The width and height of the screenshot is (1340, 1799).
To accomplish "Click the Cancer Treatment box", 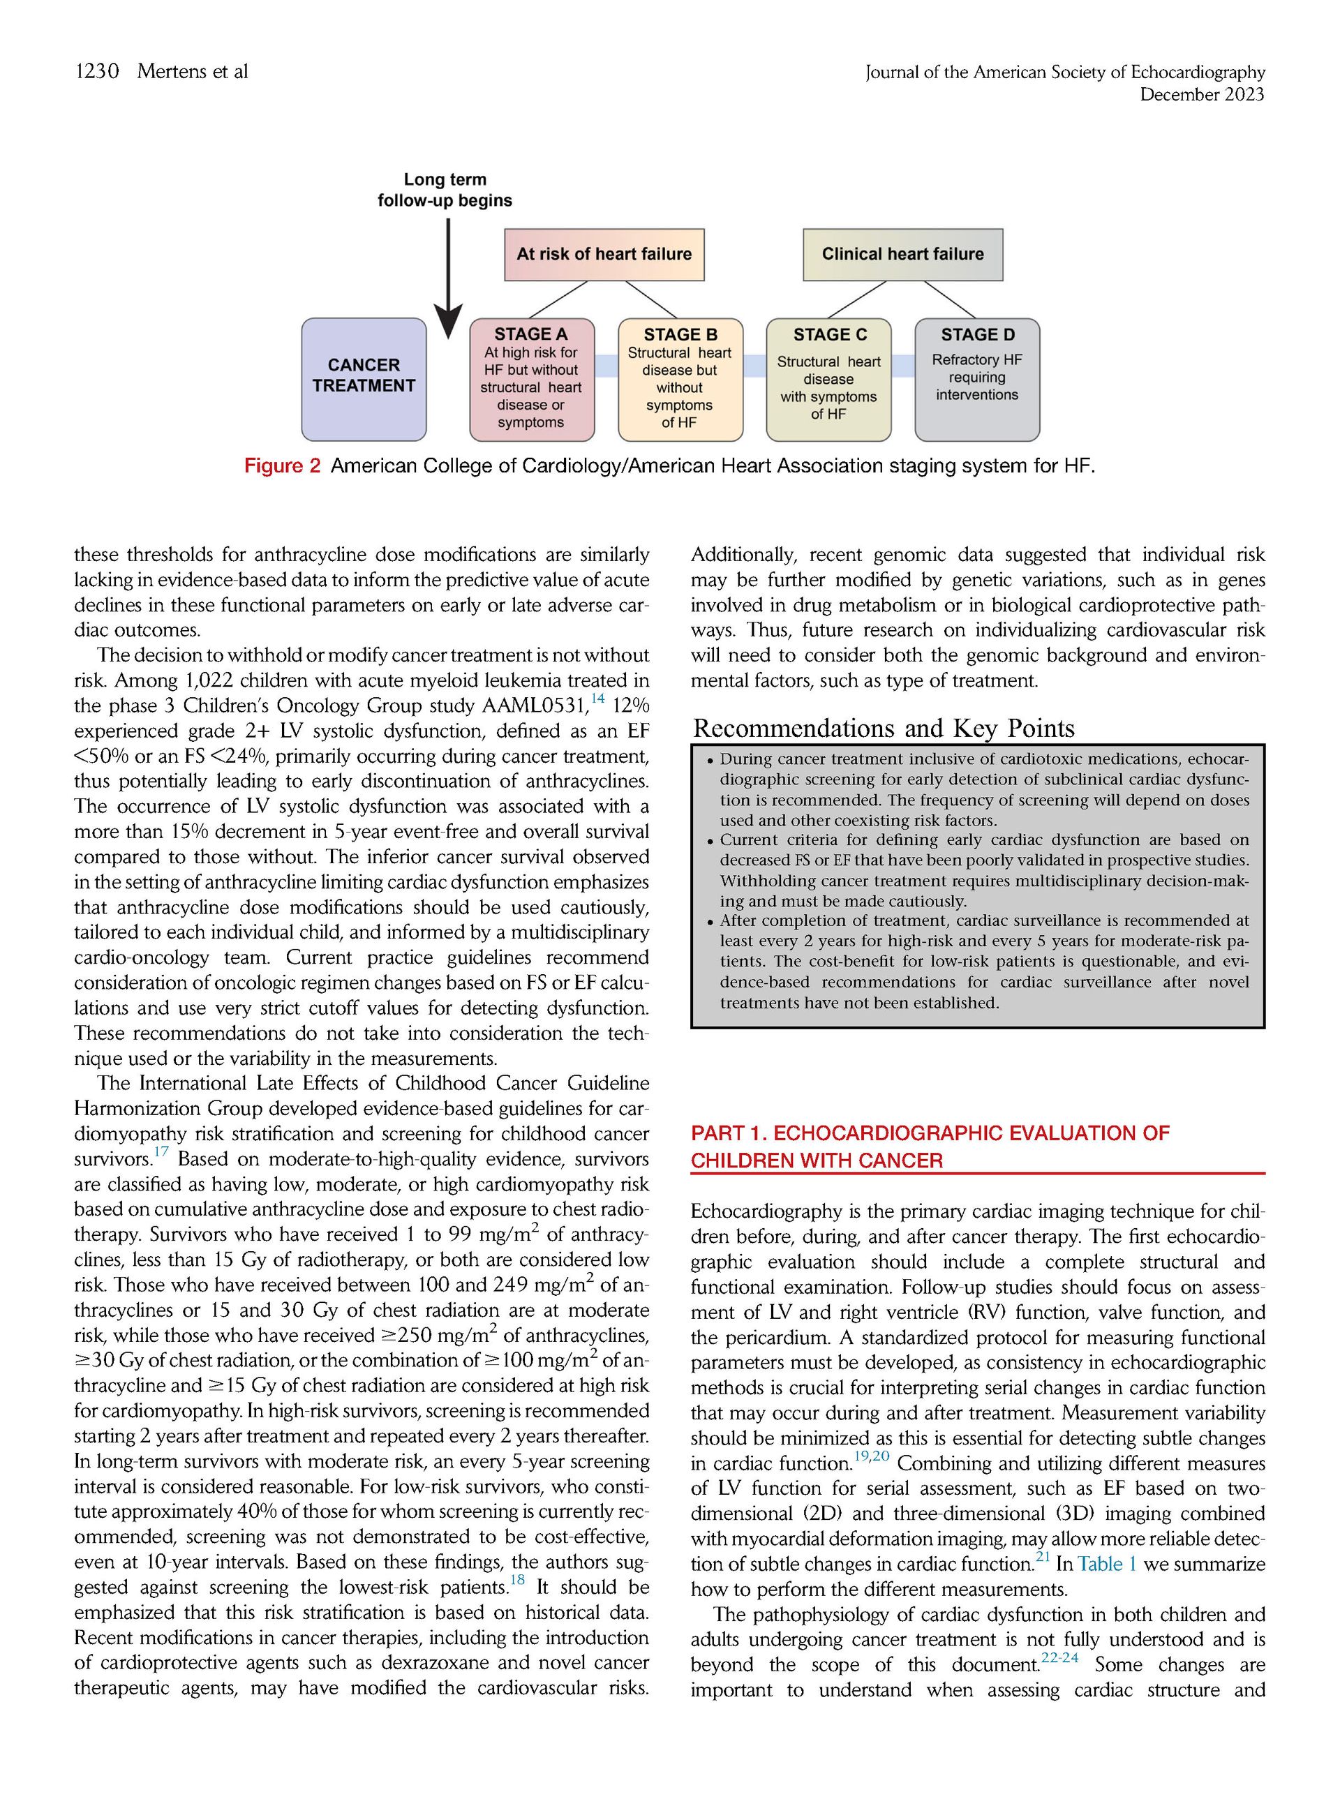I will tap(364, 379).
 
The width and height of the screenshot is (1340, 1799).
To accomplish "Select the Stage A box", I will tap(531, 379).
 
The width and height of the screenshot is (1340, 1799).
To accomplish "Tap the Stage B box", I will tap(680, 379).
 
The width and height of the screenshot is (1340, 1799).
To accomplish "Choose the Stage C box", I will tap(828, 379).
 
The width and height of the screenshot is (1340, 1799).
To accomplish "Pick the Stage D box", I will tap(976, 379).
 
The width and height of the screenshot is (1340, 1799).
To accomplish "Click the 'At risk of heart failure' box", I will tap(604, 255).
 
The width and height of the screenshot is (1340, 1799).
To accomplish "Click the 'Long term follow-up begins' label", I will tap(445, 190).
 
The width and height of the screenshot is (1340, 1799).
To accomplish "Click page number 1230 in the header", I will tap(96, 71).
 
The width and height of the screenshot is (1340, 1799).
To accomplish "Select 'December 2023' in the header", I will tap(1201, 95).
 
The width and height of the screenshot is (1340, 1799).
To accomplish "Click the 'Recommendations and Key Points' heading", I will tap(884, 729).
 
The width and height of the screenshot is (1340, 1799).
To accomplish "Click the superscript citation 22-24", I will tap(1059, 1658).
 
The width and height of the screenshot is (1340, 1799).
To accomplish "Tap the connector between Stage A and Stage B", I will tap(606, 366).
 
